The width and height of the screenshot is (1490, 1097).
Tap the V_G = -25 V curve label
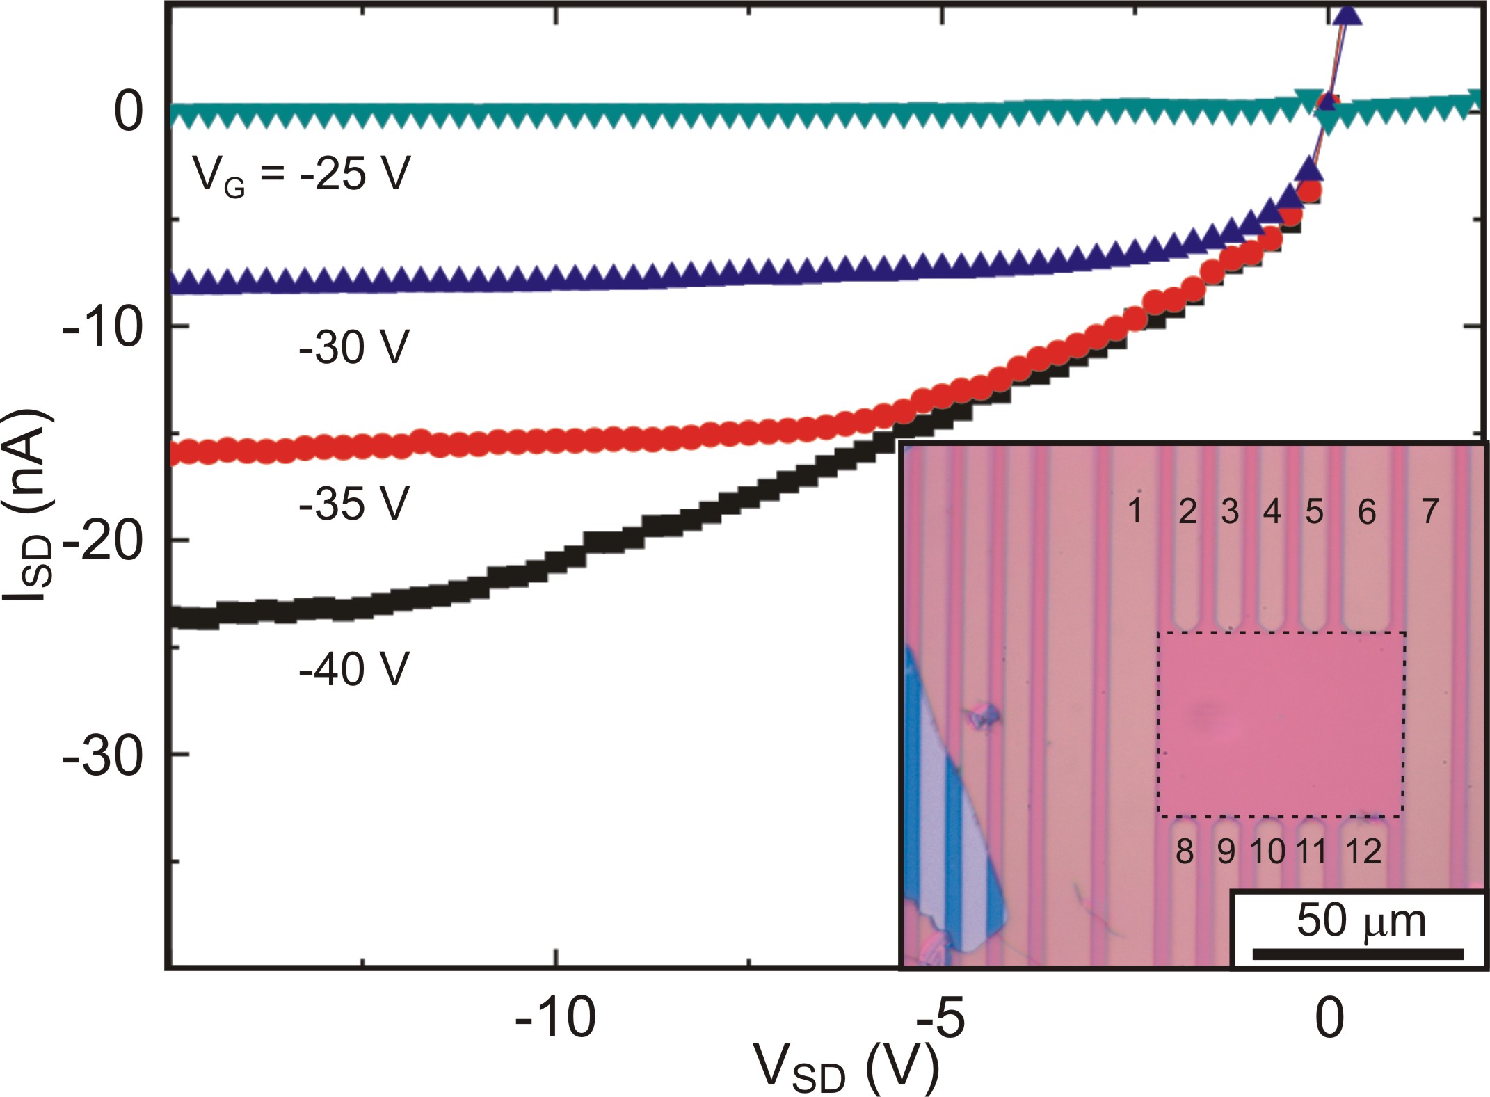pos(301,174)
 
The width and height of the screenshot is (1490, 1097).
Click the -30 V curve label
pos(353,346)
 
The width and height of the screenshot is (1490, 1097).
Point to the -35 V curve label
pos(353,503)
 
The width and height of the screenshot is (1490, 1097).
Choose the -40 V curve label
pos(353,668)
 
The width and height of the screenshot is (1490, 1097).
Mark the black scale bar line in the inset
pos(1358,953)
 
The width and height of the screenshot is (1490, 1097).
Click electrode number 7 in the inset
pos(1429,511)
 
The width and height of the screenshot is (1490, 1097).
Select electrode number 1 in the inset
pos(1135,511)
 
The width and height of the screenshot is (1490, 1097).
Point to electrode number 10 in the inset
pos(1267,851)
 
